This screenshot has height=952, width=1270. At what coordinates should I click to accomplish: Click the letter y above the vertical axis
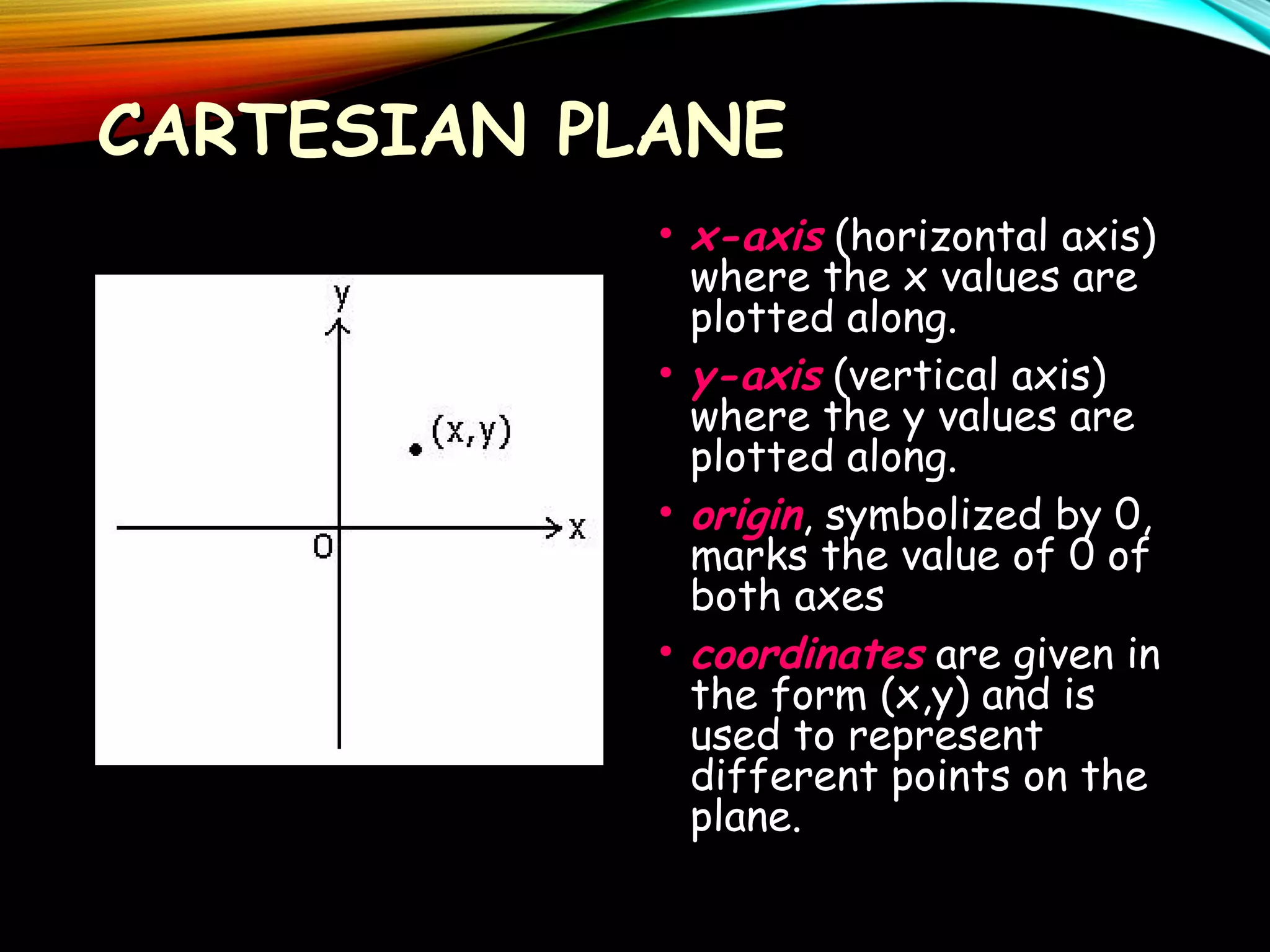click(342, 296)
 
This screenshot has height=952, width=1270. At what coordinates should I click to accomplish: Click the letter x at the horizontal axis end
click(577, 529)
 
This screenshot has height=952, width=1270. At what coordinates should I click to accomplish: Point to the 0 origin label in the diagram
click(323, 547)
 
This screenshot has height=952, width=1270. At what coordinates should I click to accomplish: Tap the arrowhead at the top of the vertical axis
click(339, 327)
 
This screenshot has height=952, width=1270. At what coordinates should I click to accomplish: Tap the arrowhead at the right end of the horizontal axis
click(552, 528)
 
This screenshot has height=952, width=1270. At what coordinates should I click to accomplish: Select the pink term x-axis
click(757, 237)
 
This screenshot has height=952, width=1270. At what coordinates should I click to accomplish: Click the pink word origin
click(747, 516)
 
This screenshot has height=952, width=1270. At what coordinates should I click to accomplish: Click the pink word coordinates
click(807, 655)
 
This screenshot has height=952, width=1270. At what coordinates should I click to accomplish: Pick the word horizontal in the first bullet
click(949, 237)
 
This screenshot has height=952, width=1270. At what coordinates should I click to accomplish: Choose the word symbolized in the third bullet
click(934, 516)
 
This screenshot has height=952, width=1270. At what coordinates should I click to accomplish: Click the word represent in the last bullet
click(945, 738)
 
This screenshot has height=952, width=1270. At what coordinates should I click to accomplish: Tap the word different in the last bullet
click(784, 777)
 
